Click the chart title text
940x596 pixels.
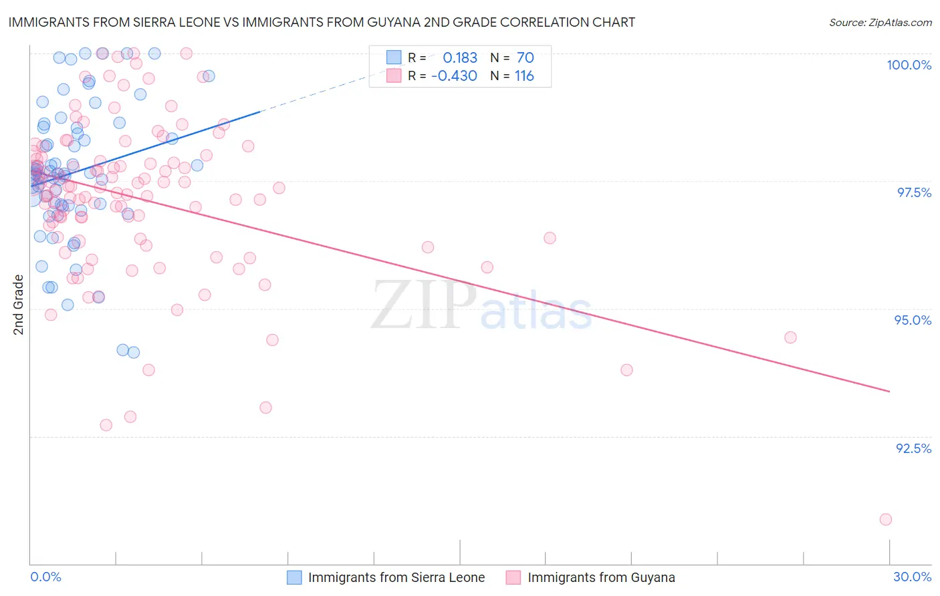coord(322,22)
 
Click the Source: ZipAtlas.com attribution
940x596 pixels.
coord(880,23)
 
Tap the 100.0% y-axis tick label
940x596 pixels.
coord(909,65)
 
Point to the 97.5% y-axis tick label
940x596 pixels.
coord(913,192)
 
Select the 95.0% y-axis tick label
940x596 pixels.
coord(913,320)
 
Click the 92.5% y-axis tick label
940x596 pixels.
coord(913,448)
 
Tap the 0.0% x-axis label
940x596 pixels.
coord(45,577)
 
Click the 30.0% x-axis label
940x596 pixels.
coord(912,577)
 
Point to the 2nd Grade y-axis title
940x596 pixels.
coord(18,305)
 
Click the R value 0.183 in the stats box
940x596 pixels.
coord(460,58)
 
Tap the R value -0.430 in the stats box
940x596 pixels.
coord(454,76)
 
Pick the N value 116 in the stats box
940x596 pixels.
coord(524,76)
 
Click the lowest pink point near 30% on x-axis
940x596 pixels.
coord(886,519)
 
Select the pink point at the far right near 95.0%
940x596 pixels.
coord(790,337)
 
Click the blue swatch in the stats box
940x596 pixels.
coord(394,58)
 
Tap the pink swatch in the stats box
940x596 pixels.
coord(394,76)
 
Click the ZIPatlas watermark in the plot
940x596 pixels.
coord(481,306)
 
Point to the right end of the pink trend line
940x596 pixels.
coord(889,392)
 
